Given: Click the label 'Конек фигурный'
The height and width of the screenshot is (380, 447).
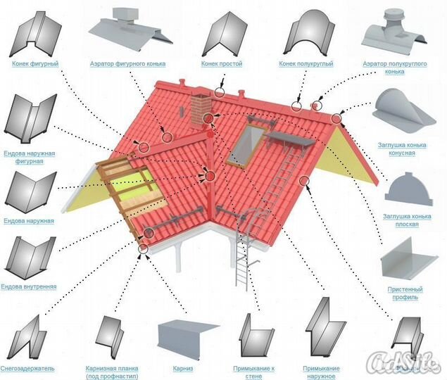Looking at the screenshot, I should (35, 64).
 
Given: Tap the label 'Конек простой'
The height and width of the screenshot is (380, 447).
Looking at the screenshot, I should (222, 64).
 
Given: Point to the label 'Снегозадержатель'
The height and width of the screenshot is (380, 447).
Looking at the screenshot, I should (28, 368).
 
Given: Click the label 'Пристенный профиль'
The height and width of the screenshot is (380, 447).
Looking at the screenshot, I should (405, 293).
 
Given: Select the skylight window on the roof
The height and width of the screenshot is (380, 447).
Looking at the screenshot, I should (250, 144).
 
